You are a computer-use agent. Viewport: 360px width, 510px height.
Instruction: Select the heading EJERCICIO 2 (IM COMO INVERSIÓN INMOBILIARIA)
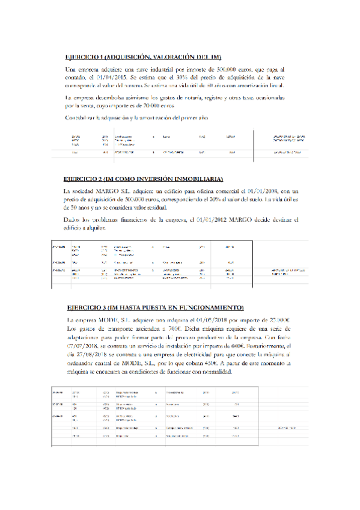(x=143, y=179)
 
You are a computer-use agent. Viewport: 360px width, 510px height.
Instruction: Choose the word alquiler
(x=96, y=227)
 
